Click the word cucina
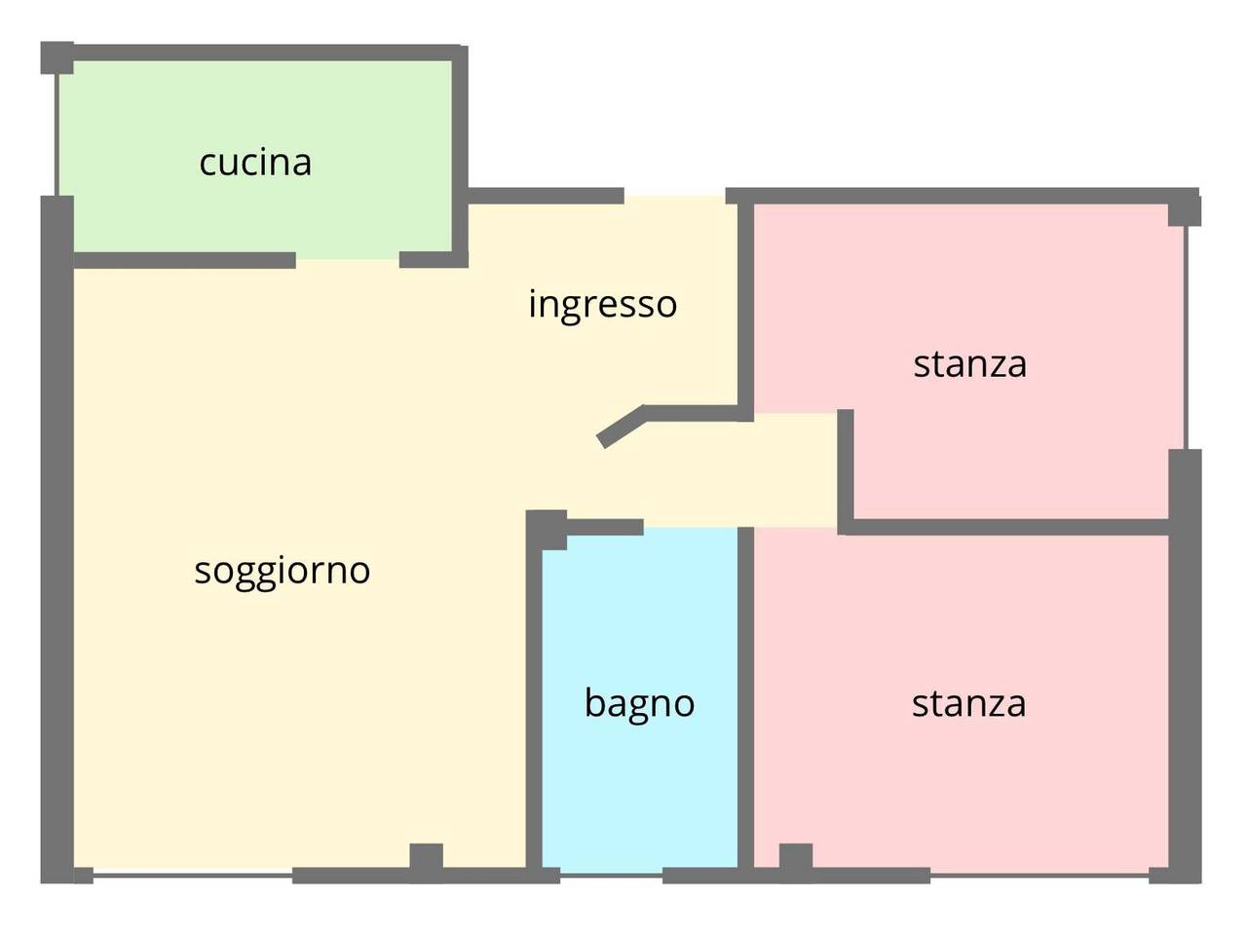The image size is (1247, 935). pos(255,163)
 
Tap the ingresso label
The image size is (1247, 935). pos(602,304)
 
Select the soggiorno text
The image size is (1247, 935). pos(283,570)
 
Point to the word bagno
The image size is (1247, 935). pos(639,702)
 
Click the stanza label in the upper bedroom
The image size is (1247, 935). pos(969,364)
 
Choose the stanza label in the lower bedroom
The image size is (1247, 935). pos(968,703)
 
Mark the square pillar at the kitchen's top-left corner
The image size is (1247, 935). pos(57,57)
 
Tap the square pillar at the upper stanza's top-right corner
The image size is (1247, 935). pos(1184,208)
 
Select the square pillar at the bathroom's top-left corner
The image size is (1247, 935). pos(547,530)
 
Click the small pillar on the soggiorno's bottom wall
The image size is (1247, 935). pos(426,858)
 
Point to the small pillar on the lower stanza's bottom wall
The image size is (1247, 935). pos(795,858)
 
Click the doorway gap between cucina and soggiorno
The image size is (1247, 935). pos(348,260)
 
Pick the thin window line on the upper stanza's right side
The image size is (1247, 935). pos(1186,336)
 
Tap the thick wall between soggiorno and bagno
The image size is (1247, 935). pos(534,701)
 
